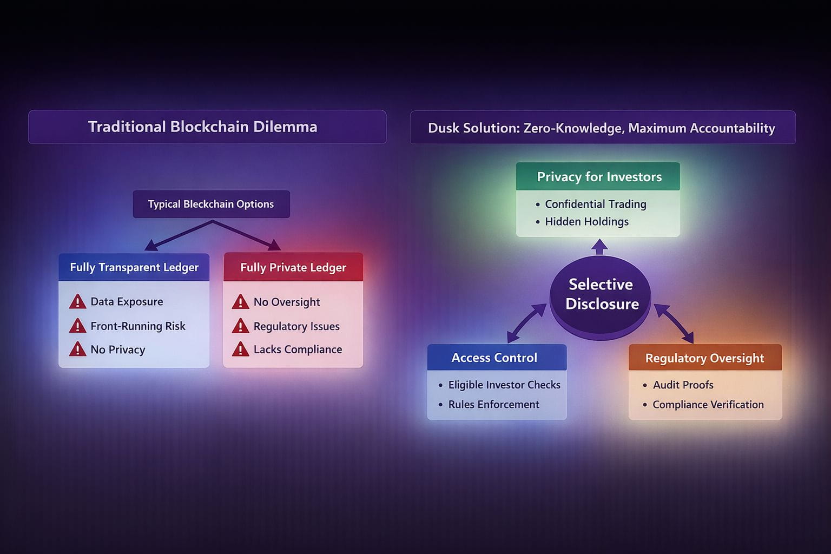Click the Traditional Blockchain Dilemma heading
point(202,127)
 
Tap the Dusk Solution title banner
point(602,128)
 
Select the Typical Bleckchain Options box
point(211,204)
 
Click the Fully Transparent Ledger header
point(134,267)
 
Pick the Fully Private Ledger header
point(293,267)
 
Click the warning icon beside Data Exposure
point(77,302)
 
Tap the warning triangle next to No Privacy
point(77,349)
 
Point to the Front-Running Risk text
point(138,326)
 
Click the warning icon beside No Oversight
point(240,302)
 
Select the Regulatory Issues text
point(296,326)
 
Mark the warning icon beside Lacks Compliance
point(240,349)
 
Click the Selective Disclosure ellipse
point(601,295)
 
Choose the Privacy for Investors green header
point(598,177)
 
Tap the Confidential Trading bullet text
point(595,205)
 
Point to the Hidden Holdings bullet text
point(586,222)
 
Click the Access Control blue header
point(494,358)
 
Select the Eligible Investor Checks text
point(504,385)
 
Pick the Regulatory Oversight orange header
point(704,358)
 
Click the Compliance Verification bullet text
point(708,405)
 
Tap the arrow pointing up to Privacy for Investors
point(599,247)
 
